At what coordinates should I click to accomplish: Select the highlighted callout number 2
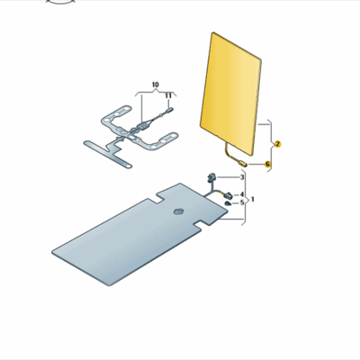278,145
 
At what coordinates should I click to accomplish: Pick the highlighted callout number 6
267,165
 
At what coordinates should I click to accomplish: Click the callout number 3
241,178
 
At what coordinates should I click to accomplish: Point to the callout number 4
241,194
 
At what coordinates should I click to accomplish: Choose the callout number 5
241,203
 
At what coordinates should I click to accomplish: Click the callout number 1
253,198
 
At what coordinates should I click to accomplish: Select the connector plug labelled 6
244,164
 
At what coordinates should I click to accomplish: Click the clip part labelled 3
212,176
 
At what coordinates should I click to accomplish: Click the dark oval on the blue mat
177,211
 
